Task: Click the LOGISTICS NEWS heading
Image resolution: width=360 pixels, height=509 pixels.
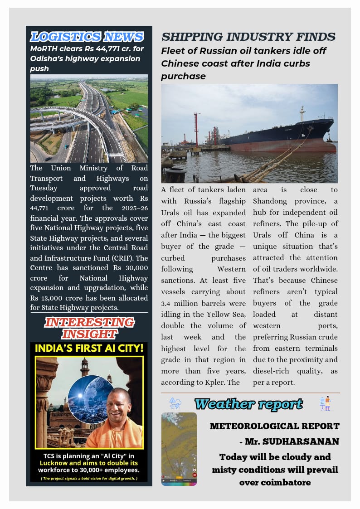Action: (x=87, y=37)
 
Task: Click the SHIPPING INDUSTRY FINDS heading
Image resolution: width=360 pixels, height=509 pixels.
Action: (x=248, y=37)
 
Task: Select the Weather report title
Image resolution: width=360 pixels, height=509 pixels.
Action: (x=248, y=403)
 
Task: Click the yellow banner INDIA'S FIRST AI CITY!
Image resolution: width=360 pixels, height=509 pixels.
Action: (x=89, y=349)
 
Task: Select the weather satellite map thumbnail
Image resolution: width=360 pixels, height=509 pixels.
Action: (x=179, y=449)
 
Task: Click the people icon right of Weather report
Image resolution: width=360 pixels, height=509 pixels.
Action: (x=325, y=403)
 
